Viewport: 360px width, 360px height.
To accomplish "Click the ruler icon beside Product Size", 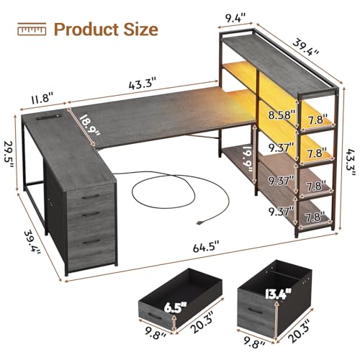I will click(x=30, y=30).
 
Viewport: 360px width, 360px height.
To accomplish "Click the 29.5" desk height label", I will click(x=11, y=135).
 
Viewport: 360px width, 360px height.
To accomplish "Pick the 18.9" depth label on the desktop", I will click(x=89, y=123).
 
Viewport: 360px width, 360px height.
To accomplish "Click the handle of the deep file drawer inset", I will click(x=256, y=312).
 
